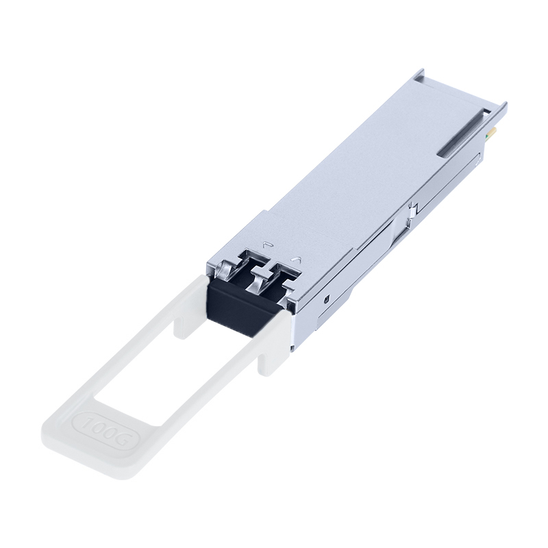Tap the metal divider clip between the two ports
260,277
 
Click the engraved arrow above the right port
297,260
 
